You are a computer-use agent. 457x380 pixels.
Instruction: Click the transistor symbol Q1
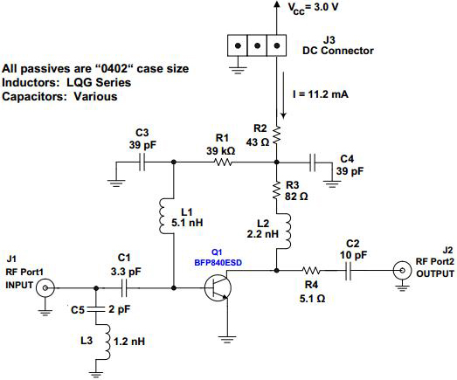218,288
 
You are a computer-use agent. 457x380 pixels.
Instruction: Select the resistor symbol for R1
223,162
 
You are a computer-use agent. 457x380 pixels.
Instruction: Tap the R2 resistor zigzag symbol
277,135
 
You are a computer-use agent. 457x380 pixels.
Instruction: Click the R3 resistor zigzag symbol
277,190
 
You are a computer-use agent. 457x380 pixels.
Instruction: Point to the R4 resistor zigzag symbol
311,271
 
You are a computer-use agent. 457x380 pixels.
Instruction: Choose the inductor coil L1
163,216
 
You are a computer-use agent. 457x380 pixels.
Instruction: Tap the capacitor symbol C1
124,288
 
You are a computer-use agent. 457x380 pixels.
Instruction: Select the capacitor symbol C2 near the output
348,271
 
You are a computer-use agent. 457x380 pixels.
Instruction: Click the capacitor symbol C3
142,162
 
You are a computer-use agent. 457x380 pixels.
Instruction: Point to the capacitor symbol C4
313,162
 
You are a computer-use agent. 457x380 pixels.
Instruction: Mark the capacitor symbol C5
96,309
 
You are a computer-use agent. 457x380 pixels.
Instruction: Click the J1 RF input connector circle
45,288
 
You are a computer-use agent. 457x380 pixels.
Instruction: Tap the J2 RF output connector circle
402,271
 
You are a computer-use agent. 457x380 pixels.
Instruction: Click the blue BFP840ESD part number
218,263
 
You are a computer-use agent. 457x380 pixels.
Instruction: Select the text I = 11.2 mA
321,94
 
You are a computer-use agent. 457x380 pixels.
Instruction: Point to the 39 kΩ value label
221,151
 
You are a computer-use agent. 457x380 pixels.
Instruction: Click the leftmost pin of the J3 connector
238,45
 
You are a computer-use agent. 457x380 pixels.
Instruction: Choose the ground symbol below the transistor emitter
227,340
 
